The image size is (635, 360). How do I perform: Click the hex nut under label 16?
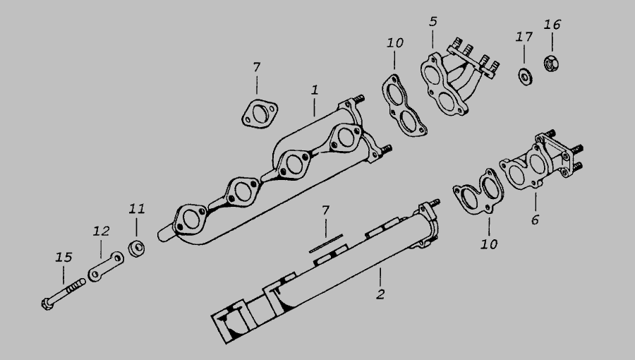(550, 63)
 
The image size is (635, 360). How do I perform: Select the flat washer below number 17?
(525, 77)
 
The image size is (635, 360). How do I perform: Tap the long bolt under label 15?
(64, 294)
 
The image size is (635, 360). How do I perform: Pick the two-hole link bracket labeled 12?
(106, 266)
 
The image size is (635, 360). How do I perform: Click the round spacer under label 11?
(136, 248)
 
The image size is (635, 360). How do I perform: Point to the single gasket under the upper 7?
(260, 114)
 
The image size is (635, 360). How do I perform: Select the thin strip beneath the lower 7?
(326, 243)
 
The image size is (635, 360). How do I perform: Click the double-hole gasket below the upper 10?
(404, 105)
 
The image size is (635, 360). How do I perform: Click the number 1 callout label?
(315, 90)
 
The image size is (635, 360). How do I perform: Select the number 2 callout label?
(380, 294)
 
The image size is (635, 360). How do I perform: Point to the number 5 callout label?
(433, 21)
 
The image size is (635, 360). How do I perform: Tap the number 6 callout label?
(535, 220)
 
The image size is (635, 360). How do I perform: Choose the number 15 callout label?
(64, 257)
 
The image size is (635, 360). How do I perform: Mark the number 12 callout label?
(101, 232)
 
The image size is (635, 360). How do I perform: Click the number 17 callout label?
(524, 37)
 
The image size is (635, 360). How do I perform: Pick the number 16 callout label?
(552, 25)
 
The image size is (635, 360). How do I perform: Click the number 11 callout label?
(136, 209)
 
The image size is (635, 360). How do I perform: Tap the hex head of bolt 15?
(47, 304)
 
